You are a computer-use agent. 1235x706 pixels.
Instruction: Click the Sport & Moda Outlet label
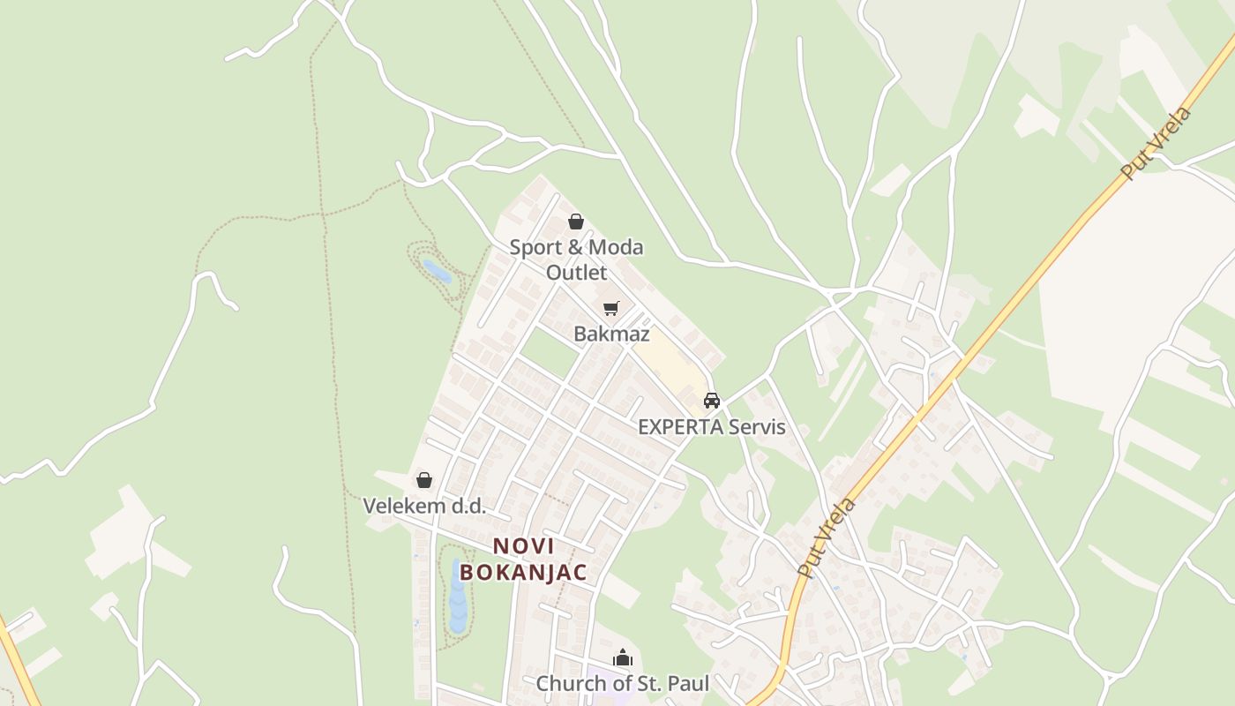point(576,248)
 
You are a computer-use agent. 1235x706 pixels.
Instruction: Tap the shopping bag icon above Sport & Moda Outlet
point(576,222)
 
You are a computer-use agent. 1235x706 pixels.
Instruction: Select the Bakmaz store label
point(611,334)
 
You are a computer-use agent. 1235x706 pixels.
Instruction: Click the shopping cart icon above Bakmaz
point(611,308)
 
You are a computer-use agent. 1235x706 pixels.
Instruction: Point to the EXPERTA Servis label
point(711,427)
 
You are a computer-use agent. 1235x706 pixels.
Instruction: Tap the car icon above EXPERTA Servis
point(712,401)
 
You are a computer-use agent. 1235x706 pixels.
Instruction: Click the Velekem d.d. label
point(424,507)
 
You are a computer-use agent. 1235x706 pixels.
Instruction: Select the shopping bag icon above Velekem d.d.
point(424,480)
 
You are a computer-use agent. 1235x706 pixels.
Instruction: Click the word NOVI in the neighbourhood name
point(524,546)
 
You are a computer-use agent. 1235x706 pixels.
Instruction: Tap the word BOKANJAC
point(523,572)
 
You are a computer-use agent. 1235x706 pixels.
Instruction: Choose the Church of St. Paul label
point(623,683)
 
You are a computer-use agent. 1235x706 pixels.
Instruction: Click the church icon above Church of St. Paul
point(623,658)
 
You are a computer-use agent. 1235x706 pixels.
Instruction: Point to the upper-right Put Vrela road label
point(1156,143)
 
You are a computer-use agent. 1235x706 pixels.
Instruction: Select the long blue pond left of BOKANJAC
point(458,597)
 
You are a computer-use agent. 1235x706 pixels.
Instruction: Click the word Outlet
point(576,272)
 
